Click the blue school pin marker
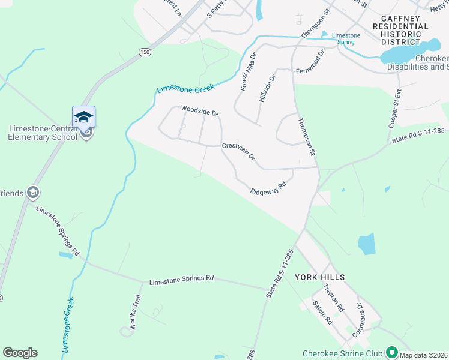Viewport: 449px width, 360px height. click(x=83, y=116)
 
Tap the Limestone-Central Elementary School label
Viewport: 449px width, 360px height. click(x=43, y=133)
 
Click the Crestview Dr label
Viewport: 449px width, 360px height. click(x=239, y=151)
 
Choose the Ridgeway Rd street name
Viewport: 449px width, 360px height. click(x=267, y=188)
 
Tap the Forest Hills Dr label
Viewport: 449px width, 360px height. click(x=248, y=71)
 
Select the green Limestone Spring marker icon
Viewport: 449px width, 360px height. click(x=325, y=35)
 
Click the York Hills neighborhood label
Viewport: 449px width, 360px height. click(x=319, y=277)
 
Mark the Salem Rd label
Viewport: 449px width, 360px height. click(x=322, y=312)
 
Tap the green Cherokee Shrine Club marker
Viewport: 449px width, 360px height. click(x=392, y=351)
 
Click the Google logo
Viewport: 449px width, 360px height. click(x=20, y=353)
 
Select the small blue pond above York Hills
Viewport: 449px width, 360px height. click(x=366, y=244)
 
